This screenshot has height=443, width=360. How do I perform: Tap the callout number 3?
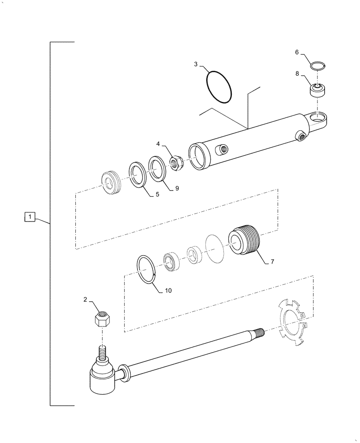(x=196, y=64)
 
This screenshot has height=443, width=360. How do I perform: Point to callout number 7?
(x=272, y=262)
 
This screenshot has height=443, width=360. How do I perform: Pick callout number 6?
(x=297, y=52)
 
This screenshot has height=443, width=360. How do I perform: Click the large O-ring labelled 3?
(x=219, y=86)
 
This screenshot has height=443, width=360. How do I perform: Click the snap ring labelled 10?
(x=147, y=268)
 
